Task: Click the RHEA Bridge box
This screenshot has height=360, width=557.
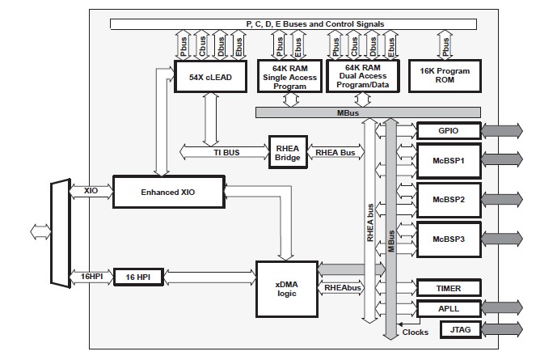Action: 287,150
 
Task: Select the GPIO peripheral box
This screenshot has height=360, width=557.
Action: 448,129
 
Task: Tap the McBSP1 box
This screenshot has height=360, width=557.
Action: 448,160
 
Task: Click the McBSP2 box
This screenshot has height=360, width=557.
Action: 448,199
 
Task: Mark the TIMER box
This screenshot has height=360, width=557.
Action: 448,288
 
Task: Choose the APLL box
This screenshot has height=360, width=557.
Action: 448,308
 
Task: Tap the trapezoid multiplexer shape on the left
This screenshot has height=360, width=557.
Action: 61,233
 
